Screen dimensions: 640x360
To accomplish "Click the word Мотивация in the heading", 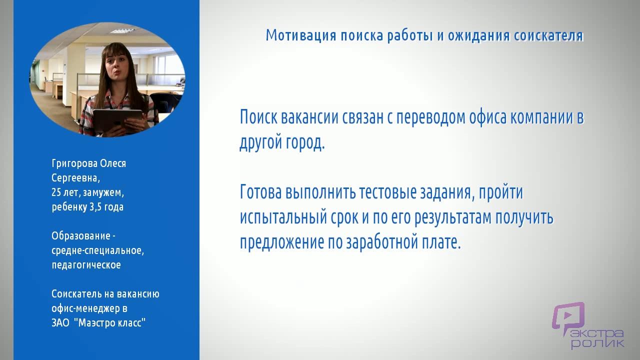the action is tap(301, 35).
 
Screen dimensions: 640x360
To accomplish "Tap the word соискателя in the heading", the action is tap(548, 35).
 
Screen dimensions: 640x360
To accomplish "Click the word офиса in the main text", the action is tap(488, 117).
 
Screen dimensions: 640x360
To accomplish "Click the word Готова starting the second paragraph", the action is tap(261, 191).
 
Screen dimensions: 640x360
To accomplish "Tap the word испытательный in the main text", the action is tap(283, 217).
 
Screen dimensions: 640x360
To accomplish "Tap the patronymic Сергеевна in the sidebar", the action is tap(75, 178).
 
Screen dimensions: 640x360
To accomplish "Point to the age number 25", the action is tap(56, 192).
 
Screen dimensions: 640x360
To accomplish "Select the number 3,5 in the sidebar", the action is tap(95, 207).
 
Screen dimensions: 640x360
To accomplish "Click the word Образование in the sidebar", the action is tap(81, 236).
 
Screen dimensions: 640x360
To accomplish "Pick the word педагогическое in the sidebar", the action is tap(86, 265).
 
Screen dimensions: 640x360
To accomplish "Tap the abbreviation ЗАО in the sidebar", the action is tap(60, 323).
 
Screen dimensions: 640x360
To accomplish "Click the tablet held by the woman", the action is tap(117, 120).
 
